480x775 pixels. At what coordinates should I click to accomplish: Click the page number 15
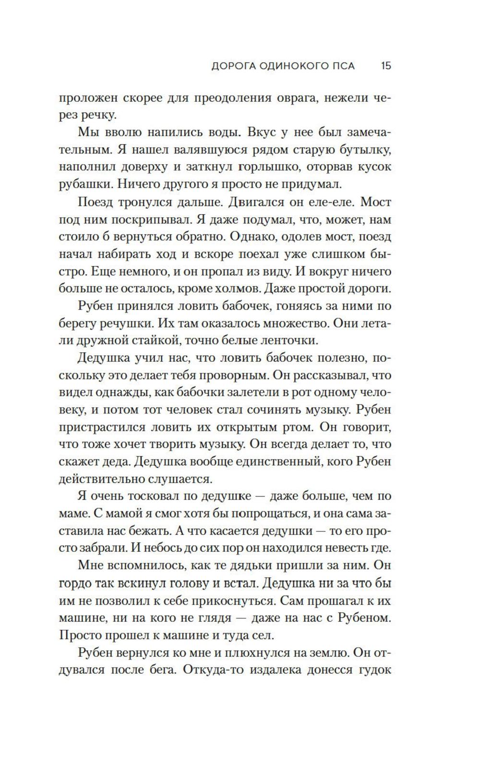click(386, 66)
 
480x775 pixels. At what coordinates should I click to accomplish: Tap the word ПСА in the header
click(340, 66)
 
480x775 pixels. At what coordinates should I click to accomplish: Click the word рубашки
click(85, 185)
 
